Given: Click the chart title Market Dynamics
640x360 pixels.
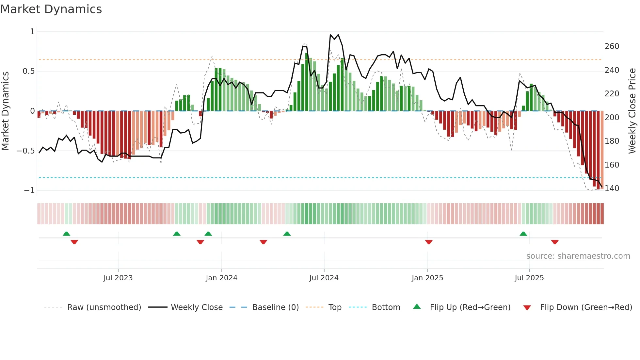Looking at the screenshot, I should (51, 9).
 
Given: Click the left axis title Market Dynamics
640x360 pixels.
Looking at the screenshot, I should (5, 111).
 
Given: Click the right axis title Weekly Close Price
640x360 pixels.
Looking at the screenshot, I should (632, 111).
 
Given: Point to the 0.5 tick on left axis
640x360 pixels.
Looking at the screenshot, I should (29, 71).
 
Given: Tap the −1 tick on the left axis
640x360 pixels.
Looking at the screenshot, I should (29, 190).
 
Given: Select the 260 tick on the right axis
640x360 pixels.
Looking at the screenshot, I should (612, 46).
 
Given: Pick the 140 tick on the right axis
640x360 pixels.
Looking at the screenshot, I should (612, 188).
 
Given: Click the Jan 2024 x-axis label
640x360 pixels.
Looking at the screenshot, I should (221, 278).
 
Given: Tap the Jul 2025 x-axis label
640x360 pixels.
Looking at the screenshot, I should (529, 278).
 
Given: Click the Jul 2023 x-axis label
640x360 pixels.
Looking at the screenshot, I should (118, 278).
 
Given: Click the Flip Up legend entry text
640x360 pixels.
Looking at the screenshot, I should (470, 307).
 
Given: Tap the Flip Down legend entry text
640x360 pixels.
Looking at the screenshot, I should (586, 307).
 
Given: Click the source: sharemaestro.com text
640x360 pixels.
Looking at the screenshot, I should (578, 256).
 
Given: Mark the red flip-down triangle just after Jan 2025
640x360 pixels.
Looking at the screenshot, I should (429, 242).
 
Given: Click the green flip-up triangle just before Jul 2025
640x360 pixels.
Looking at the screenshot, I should (523, 234).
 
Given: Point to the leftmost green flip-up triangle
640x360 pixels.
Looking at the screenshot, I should (66, 234).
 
